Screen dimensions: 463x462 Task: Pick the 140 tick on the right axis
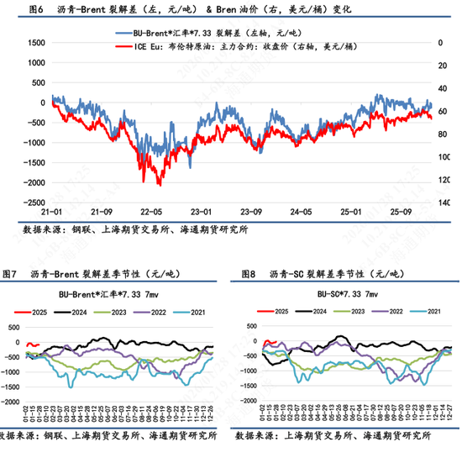point(446,203)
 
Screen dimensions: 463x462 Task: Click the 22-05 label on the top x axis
point(152,213)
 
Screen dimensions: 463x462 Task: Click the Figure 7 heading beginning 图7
point(84,275)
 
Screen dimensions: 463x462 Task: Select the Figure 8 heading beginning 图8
point(310,275)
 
